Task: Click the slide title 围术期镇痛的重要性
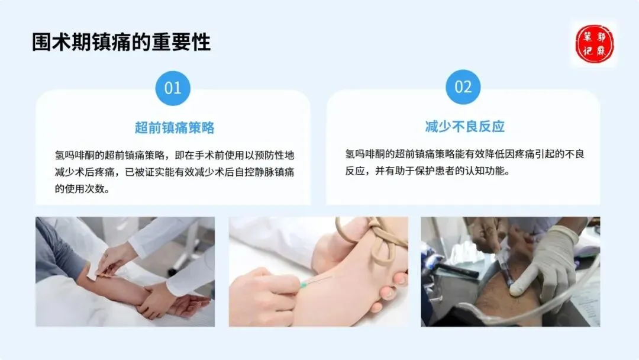pos(121,42)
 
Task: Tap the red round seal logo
pos(594,44)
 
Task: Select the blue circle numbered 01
pos(173,88)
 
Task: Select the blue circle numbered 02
pos(463,87)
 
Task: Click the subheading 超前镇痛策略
pos(175,128)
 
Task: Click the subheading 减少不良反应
pos(464,126)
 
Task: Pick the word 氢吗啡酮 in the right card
pos(364,154)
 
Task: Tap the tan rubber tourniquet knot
pos(383,239)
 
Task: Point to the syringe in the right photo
pos(504,265)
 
